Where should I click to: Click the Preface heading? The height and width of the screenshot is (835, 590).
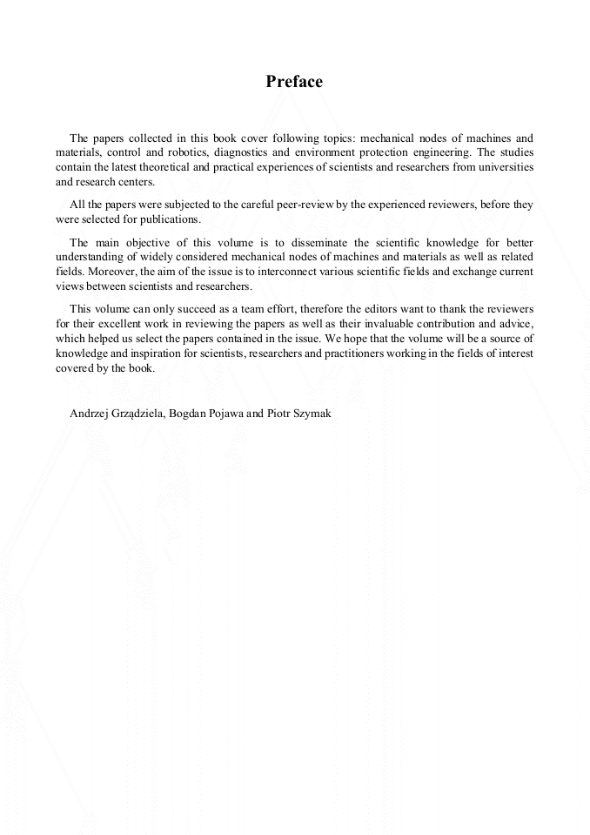click(294, 82)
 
